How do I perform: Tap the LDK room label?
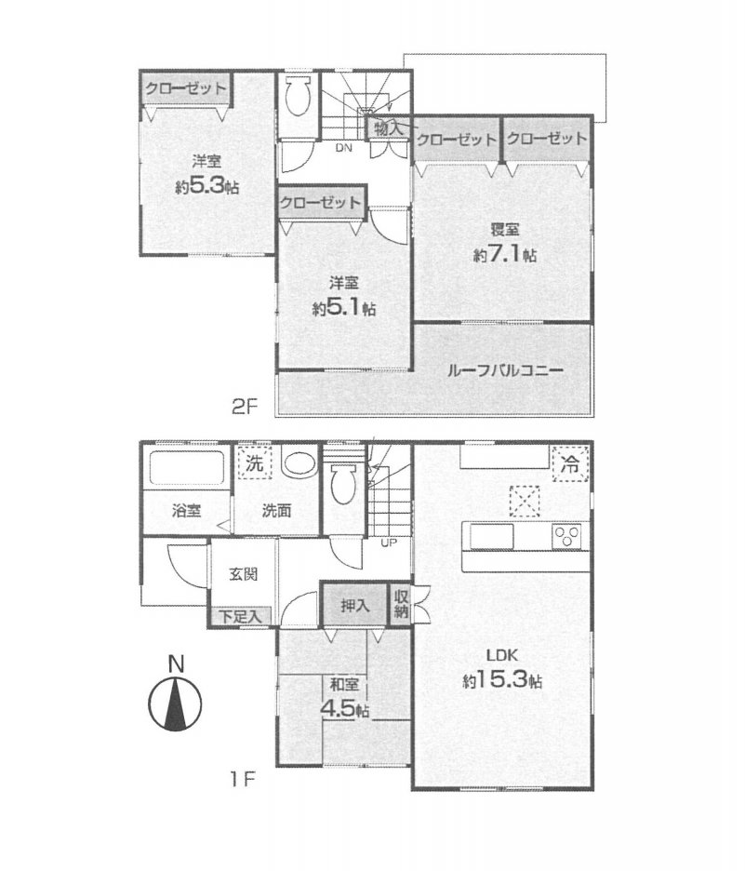pyautogui.click(x=502, y=655)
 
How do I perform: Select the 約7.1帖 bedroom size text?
pyautogui.click(x=505, y=254)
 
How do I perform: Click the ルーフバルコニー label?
pyautogui.click(x=505, y=370)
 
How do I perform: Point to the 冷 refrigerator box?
pyautogui.click(x=570, y=463)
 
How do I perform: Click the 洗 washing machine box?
pyautogui.click(x=255, y=462)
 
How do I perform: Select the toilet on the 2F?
pyautogui.click(x=299, y=96)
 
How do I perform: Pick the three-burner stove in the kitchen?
pyautogui.click(x=566, y=537)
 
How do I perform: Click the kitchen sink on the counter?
pyautogui.click(x=492, y=537)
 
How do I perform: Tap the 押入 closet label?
pyautogui.click(x=354, y=605)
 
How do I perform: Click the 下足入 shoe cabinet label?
pyautogui.click(x=240, y=616)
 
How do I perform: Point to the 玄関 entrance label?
pyautogui.click(x=243, y=573)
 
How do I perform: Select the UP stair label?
pyautogui.click(x=389, y=543)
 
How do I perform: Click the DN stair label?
pyautogui.click(x=343, y=148)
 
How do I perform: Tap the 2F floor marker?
pyautogui.click(x=245, y=408)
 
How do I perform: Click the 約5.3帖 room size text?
pyautogui.click(x=207, y=186)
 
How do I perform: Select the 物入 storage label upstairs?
pyautogui.click(x=388, y=128)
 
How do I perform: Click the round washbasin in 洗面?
pyautogui.click(x=299, y=462)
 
